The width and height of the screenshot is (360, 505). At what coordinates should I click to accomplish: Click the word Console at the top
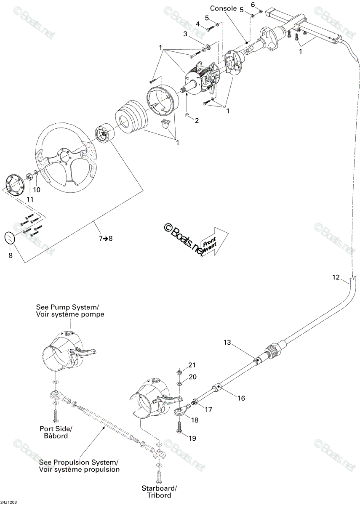pyautogui.click(x=223, y=8)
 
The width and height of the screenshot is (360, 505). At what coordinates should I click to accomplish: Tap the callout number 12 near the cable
pyautogui.click(x=336, y=277)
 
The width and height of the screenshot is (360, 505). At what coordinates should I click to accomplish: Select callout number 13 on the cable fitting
pyautogui.click(x=227, y=342)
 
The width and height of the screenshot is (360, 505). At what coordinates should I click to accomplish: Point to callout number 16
pyautogui.click(x=241, y=398)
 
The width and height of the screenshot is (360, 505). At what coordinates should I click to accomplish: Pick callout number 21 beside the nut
pyautogui.click(x=192, y=365)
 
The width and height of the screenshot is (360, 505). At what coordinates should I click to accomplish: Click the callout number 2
pyautogui.click(x=197, y=121)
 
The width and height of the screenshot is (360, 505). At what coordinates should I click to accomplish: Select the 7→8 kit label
pyautogui.click(x=106, y=238)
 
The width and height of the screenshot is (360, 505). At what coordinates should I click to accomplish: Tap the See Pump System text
pyautogui.click(x=68, y=307)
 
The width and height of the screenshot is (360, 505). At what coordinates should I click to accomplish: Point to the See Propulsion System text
pyautogui.click(x=78, y=462)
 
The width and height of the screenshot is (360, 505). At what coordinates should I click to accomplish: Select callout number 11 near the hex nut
pyautogui.click(x=30, y=199)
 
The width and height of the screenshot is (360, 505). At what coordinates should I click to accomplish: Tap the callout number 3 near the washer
pyautogui.click(x=185, y=34)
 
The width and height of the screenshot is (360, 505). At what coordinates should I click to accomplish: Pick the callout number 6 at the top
pyautogui.click(x=253, y=4)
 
